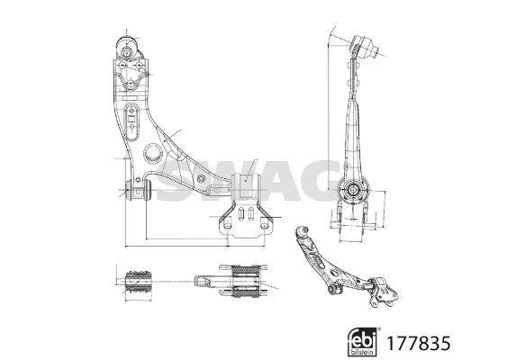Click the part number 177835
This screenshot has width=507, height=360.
418,343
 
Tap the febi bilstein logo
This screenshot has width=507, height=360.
363,342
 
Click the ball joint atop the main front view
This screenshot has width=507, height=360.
127,49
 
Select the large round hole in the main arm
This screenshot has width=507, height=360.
152,153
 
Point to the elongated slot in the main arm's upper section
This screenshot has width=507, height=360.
131,121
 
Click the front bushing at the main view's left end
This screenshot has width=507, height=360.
139,190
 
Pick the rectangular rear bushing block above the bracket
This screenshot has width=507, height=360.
246,185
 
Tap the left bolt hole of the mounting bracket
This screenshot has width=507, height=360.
228,225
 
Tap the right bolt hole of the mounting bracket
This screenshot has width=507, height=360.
264,225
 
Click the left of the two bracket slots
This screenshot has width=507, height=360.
240,213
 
